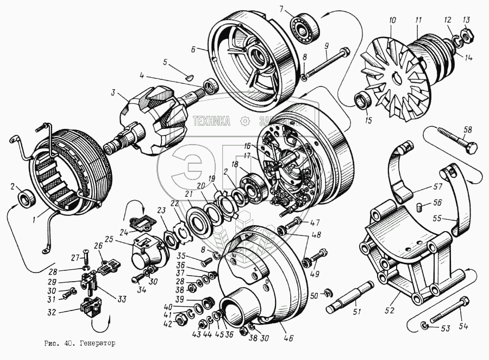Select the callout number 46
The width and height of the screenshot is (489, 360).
tap(288, 338)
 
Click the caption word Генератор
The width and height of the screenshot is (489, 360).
tap(97, 344)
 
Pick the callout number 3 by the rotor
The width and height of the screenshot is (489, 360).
tap(113, 93)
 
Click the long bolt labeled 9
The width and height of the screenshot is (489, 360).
tap(326, 62)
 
